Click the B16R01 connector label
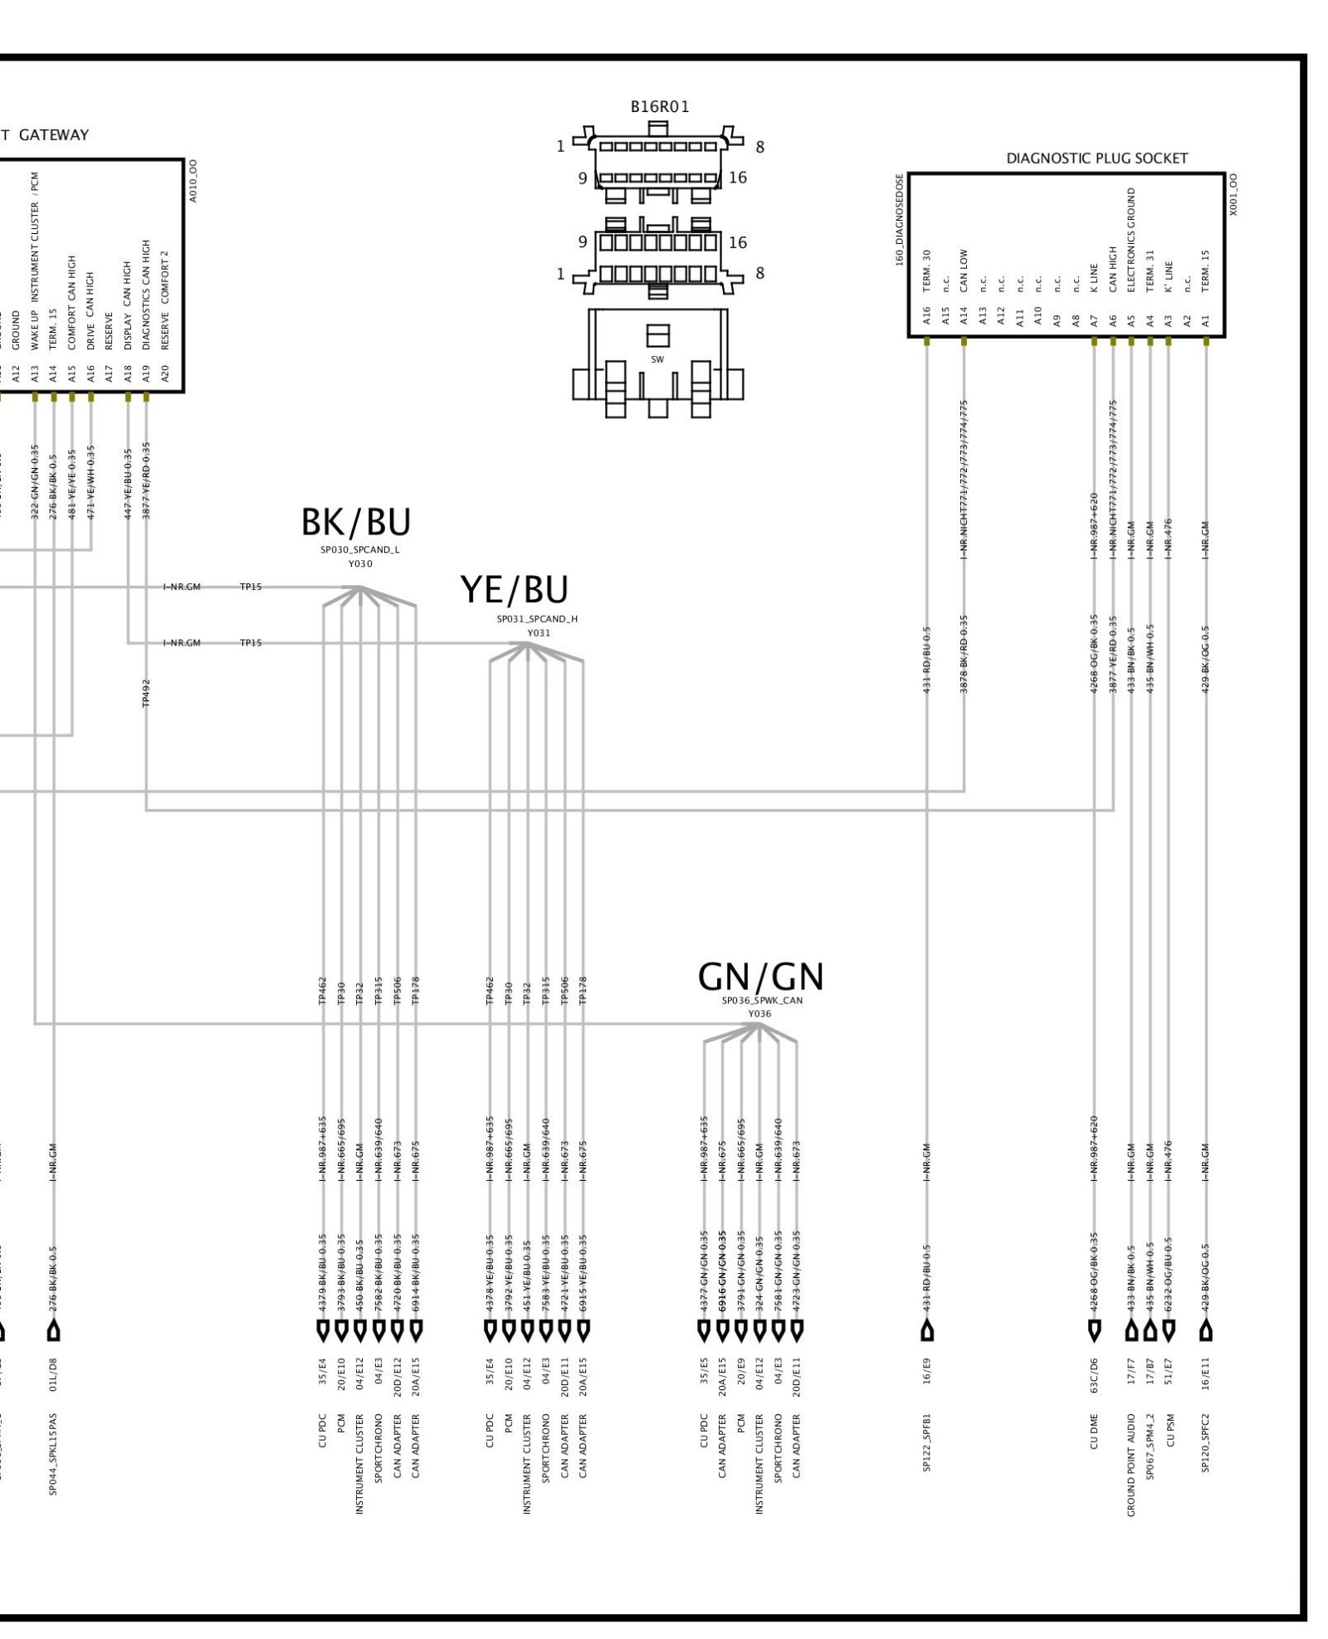click(660, 106)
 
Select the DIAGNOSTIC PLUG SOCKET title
click(1096, 158)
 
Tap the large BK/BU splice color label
click(356, 523)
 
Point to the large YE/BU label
click(515, 590)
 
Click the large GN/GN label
click(760, 978)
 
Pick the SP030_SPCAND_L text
click(360, 549)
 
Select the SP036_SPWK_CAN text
click(762, 1001)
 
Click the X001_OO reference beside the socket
click(1233, 194)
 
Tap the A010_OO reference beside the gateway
click(193, 181)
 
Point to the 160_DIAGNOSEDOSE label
click(899, 219)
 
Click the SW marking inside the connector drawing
click(657, 359)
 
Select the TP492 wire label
click(146, 692)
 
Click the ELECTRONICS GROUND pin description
click(1130, 240)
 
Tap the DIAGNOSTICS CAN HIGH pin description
click(146, 272)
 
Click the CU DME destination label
click(1094, 1432)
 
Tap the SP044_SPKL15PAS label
click(53, 1451)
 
